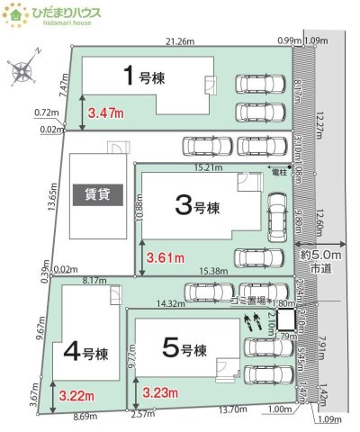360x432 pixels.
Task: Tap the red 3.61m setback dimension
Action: coord(165,257)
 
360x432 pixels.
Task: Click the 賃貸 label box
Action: coord(99,193)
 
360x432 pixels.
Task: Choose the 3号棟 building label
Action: coord(194,210)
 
